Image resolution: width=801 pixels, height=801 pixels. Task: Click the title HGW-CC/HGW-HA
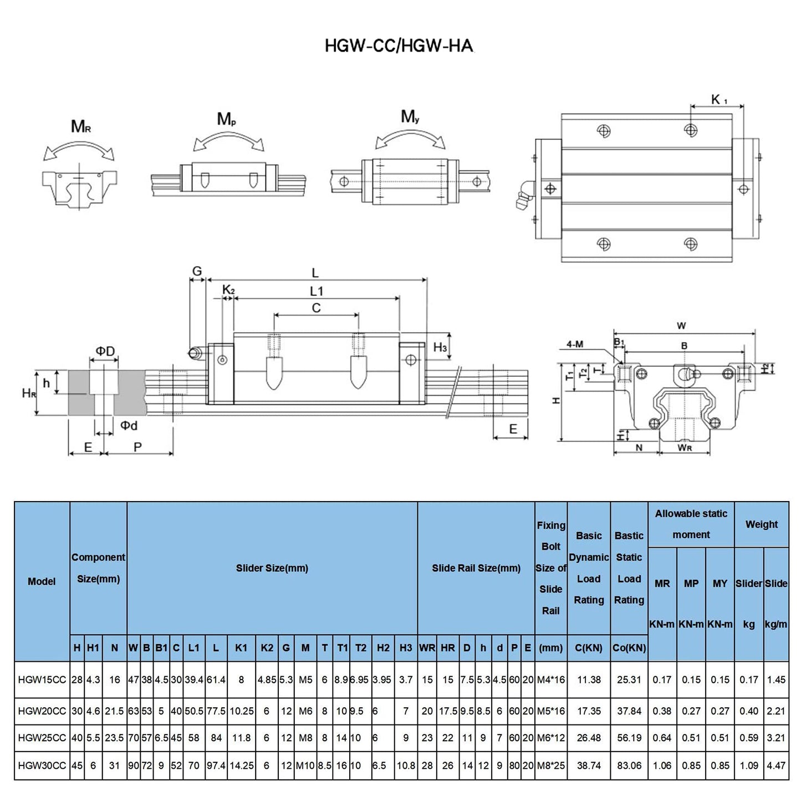pyautogui.click(x=399, y=45)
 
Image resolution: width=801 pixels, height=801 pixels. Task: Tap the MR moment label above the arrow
pyautogui.click(x=81, y=127)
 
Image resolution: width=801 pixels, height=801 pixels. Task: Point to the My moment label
pyautogui.click(x=410, y=117)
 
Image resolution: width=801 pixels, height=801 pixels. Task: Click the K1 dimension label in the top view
pyautogui.click(x=719, y=100)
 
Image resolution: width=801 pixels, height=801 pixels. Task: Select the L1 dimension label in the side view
pyautogui.click(x=316, y=291)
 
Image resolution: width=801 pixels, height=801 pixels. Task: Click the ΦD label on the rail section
pyautogui.click(x=105, y=351)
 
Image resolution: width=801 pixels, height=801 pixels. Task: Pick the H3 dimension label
pyautogui.click(x=440, y=348)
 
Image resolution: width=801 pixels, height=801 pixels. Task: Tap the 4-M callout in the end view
pyautogui.click(x=575, y=344)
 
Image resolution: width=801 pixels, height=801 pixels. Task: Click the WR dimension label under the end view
pyautogui.click(x=685, y=447)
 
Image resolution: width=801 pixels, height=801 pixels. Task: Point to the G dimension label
pyautogui.click(x=197, y=272)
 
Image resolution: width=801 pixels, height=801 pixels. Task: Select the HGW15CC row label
pyautogui.click(x=42, y=680)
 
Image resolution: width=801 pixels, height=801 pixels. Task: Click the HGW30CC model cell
pyautogui.click(x=42, y=766)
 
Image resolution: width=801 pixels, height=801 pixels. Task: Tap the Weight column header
pyautogui.click(x=761, y=524)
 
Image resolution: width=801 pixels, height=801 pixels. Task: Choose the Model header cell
pyautogui.click(x=42, y=581)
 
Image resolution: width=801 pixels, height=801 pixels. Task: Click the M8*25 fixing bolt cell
pyautogui.click(x=551, y=766)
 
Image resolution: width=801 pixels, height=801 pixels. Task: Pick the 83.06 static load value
pyautogui.click(x=629, y=766)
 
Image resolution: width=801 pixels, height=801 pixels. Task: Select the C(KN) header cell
pyautogui.click(x=589, y=647)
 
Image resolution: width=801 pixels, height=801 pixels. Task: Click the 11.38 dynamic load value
pyautogui.click(x=589, y=680)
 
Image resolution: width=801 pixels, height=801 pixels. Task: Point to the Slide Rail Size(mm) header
pyautogui.click(x=476, y=568)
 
